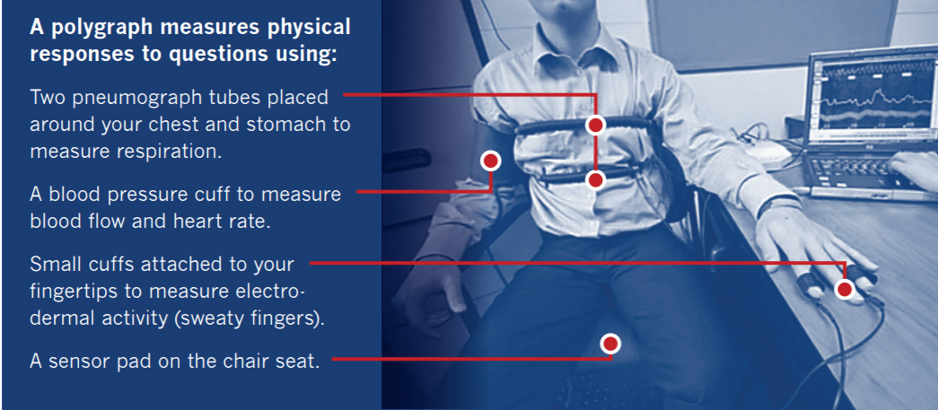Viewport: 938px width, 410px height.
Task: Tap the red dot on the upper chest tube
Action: click(x=594, y=125)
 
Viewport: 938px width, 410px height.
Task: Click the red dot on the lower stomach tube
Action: click(x=594, y=180)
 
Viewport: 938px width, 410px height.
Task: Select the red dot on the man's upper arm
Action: click(x=490, y=161)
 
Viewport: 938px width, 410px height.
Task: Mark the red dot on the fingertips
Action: click(x=844, y=289)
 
